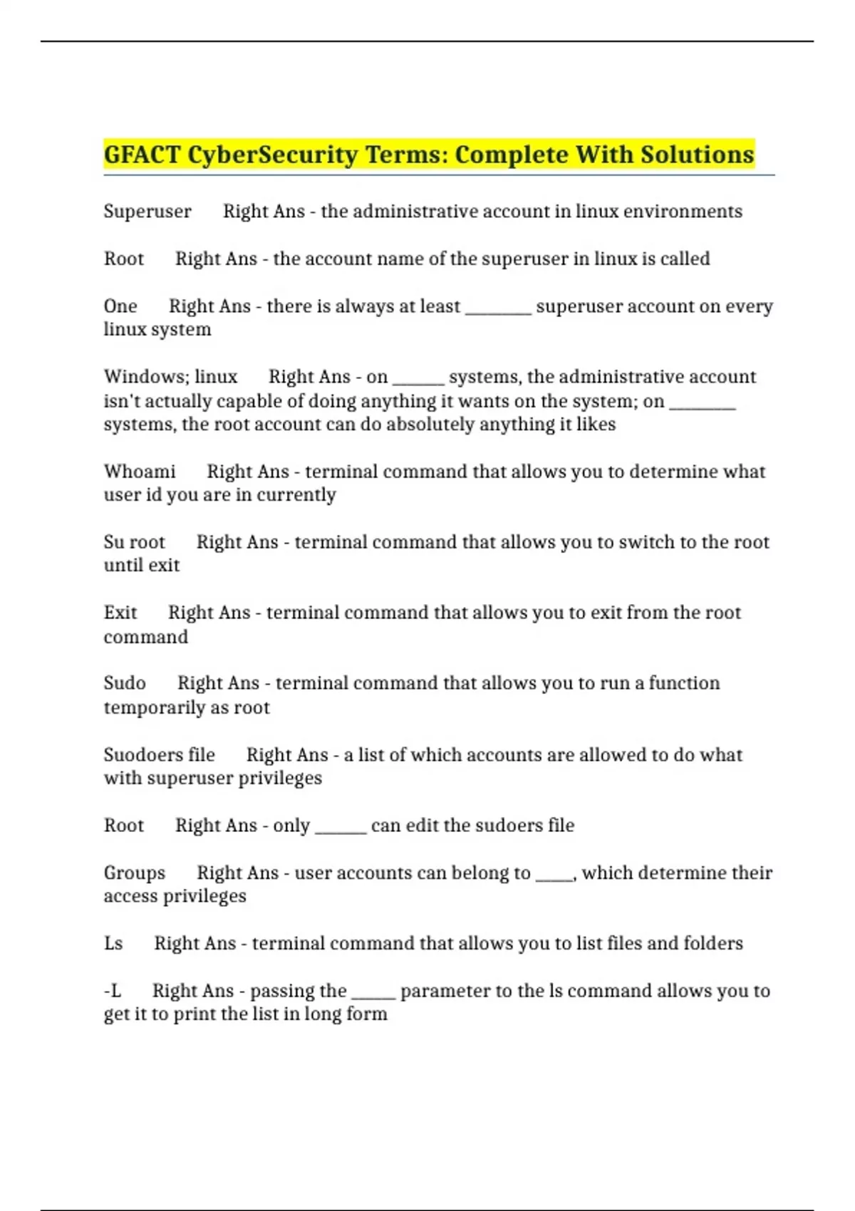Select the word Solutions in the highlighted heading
697,155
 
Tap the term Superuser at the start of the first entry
147,212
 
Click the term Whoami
140,472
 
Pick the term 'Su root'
134,542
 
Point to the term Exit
120,613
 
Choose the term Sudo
125,683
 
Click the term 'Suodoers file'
159,754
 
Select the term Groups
134,873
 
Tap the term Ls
113,943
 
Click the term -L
113,991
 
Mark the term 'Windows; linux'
170,377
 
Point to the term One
120,306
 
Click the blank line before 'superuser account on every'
498,311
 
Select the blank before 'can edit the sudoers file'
341,830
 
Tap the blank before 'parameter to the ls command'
373,995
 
